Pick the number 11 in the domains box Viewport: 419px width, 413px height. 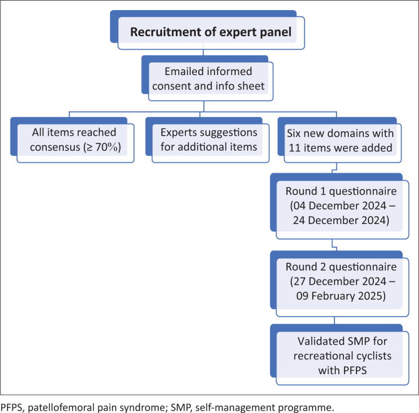coord(295,148)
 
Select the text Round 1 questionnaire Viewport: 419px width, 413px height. coord(341,191)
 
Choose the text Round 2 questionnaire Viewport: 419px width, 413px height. coord(341,267)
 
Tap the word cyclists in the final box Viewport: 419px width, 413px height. coord(373,356)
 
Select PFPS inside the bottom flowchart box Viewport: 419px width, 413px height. coord(355,371)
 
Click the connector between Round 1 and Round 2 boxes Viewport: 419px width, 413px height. coord(335,245)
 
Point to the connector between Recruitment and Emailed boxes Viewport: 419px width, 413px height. coord(203,53)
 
